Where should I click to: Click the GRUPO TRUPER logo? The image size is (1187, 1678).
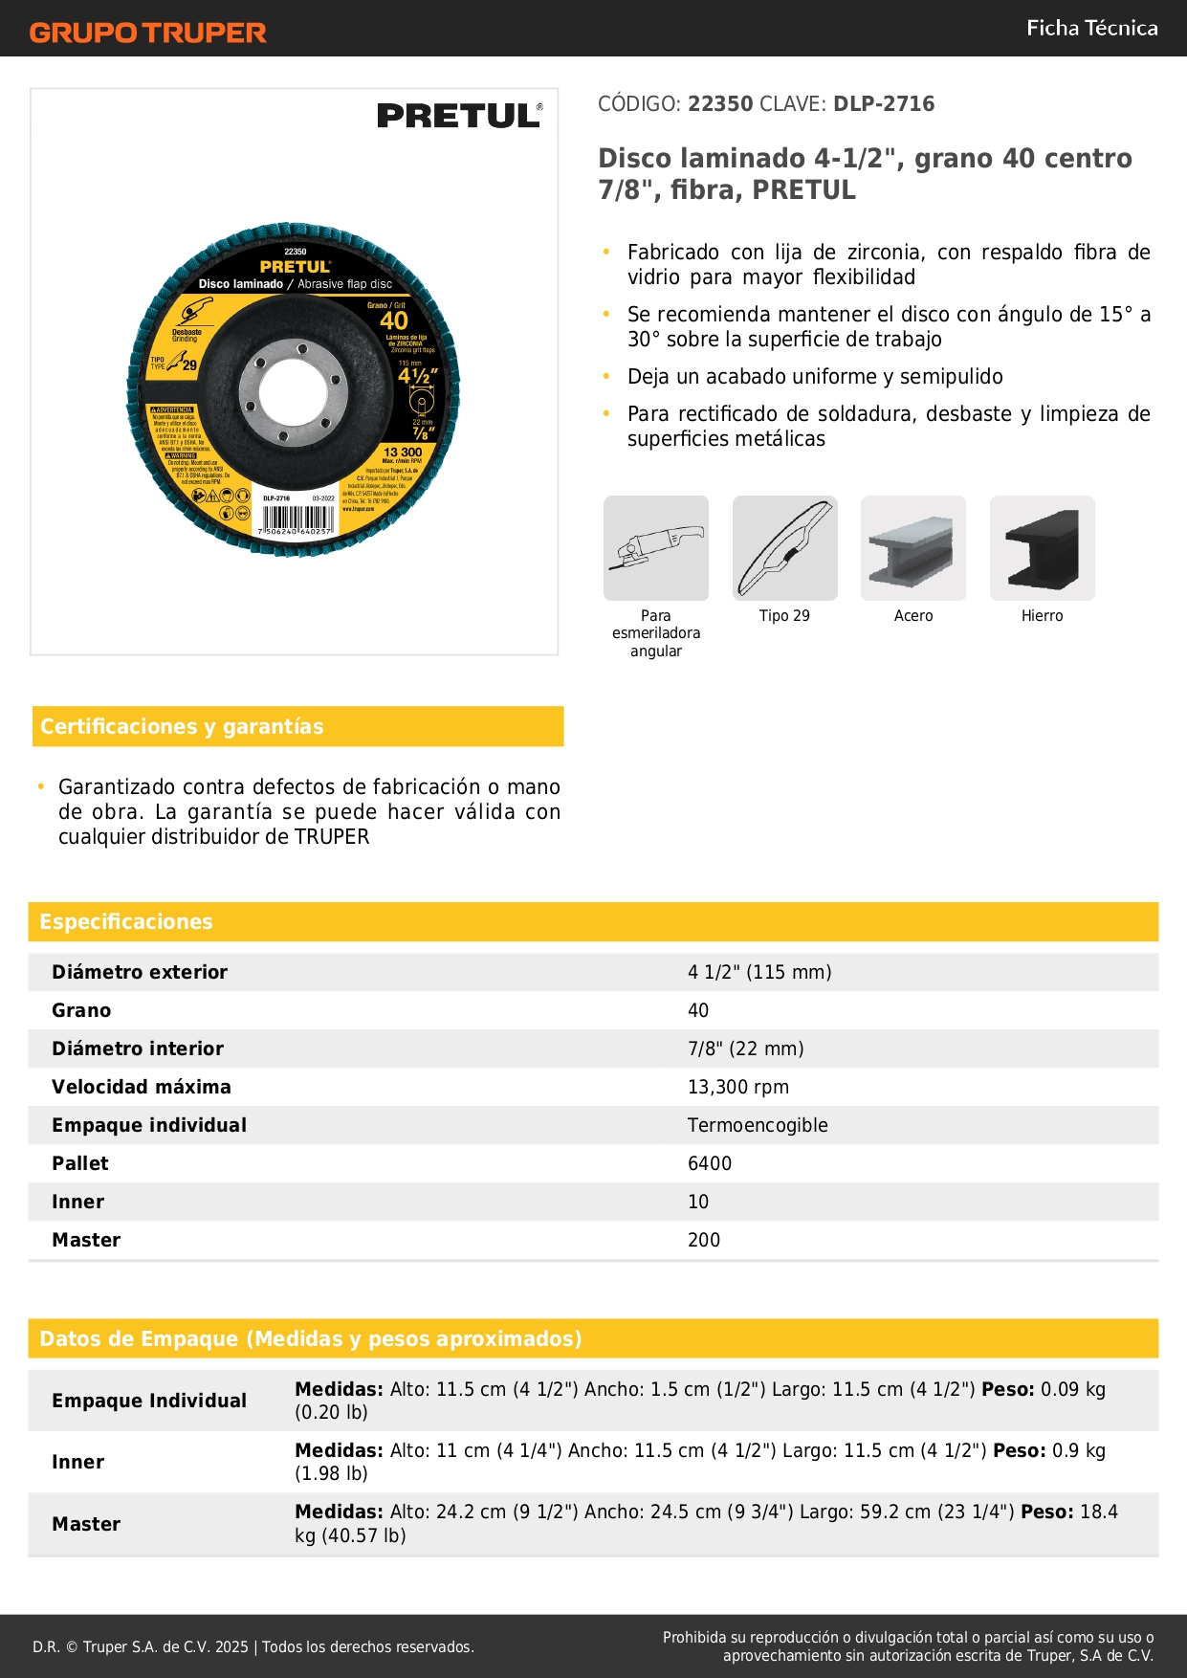(147, 33)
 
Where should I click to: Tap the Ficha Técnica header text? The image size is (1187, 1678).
(1091, 28)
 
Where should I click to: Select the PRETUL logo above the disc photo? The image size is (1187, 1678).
(459, 116)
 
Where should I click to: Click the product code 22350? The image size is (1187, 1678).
(720, 104)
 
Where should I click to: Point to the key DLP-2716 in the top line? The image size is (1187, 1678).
(884, 104)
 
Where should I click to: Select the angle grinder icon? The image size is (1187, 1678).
(656, 548)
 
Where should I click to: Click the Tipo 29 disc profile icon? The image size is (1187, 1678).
(784, 548)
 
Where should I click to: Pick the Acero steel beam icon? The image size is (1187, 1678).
(913, 548)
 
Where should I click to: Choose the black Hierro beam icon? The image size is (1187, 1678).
(1042, 548)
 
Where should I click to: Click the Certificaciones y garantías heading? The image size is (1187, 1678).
(182, 727)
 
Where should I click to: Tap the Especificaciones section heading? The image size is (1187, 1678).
(126, 922)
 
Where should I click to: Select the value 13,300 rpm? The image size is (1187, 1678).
(738, 1087)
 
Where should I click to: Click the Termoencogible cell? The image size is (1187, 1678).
(758, 1125)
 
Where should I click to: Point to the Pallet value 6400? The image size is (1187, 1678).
(710, 1163)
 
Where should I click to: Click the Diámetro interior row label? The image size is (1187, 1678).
(138, 1049)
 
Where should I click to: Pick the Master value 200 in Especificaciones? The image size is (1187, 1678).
(704, 1240)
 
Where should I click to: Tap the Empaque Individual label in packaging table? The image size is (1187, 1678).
(149, 1401)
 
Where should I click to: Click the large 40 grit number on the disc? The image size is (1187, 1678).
(394, 321)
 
